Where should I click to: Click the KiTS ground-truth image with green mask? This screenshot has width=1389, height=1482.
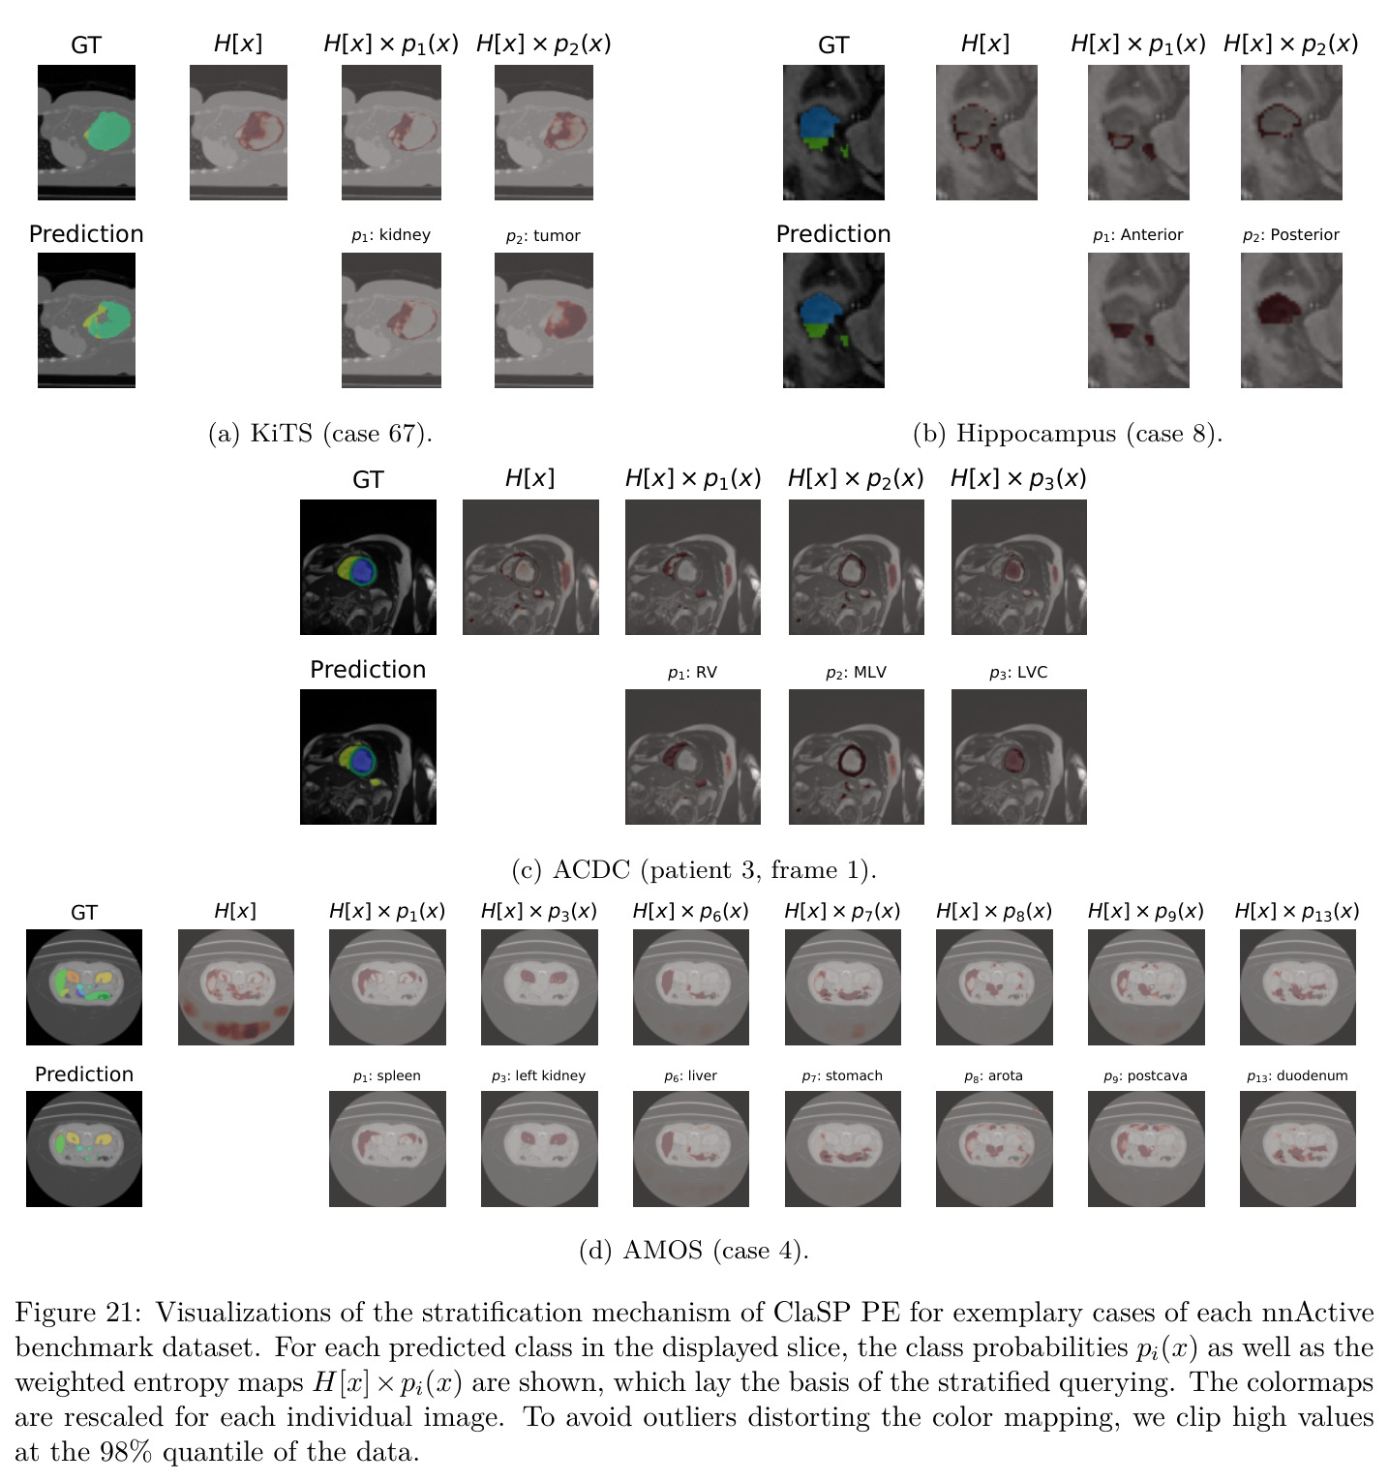tap(86, 133)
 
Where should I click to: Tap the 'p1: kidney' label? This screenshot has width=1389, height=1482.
tap(391, 235)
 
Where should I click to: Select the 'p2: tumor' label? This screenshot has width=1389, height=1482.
tap(543, 236)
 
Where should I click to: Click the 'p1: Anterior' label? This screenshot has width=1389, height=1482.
tap(1137, 235)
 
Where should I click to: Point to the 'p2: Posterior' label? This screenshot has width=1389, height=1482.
tap(1291, 235)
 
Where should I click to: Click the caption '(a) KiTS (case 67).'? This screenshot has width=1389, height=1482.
tap(320, 434)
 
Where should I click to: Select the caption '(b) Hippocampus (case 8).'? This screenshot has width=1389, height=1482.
tap(1068, 434)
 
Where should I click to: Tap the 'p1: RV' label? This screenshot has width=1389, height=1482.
tap(692, 673)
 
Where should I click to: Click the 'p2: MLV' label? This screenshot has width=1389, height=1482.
tap(856, 673)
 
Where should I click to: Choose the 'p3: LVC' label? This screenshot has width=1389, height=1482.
tap(1018, 673)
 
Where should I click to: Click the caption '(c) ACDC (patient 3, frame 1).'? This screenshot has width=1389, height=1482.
tap(694, 870)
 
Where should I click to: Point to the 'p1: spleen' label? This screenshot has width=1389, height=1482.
tap(387, 1076)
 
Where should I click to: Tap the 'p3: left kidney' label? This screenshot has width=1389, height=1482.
tap(538, 1076)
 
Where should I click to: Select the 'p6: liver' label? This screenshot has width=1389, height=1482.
tap(690, 1076)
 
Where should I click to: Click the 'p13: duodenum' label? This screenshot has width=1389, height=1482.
tap(1297, 1076)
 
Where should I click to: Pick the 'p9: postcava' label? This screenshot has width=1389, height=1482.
tap(1145, 1076)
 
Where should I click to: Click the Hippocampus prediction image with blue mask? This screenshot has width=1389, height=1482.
tap(833, 320)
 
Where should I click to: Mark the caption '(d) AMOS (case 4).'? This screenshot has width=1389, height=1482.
tap(694, 1251)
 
